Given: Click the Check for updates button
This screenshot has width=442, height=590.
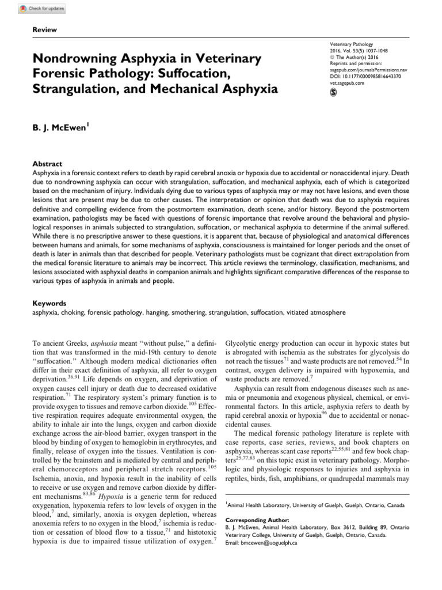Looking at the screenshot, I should pyautogui.click(x=42, y=9).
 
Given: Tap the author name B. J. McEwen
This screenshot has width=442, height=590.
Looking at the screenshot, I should pyautogui.click(x=66, y=125).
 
